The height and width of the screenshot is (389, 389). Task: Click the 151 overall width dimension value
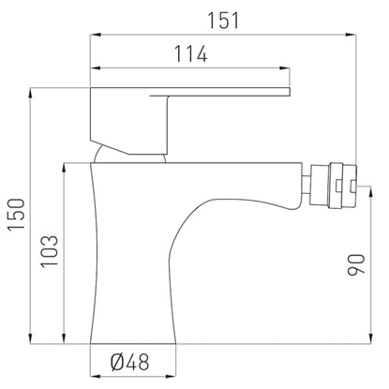tap(226, 20)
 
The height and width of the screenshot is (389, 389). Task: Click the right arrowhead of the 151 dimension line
tap(355, 36)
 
